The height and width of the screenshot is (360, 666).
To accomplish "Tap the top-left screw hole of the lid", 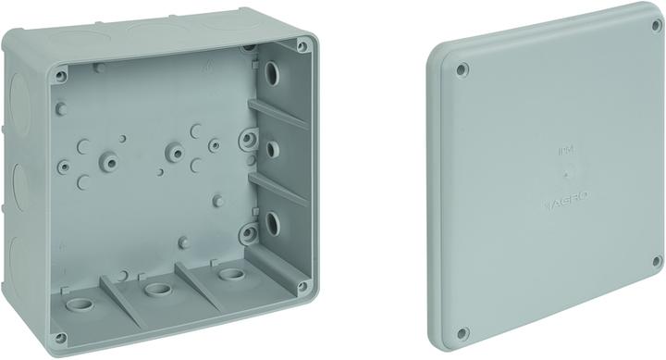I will click(x=462, y=69).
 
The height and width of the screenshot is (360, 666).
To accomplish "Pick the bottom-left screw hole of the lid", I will click(x=462, y=332).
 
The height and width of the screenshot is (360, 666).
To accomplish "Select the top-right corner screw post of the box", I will click(x=302, y=43).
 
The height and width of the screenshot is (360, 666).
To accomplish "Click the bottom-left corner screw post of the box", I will click(x=61, y=337).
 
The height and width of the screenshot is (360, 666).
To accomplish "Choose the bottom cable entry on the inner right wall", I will click(x=275, y=221).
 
